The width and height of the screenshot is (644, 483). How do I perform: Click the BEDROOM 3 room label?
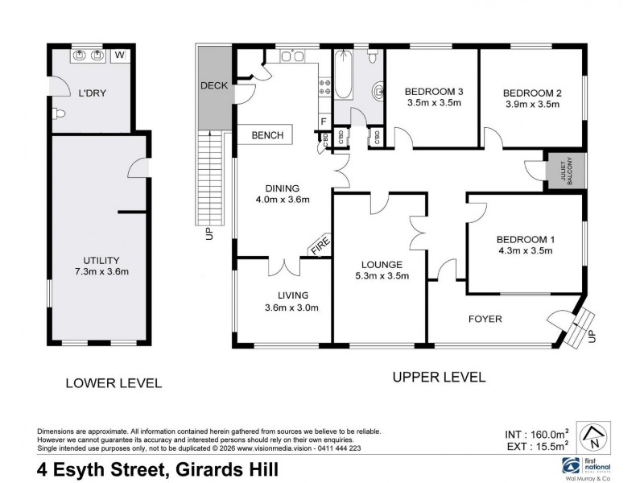tap(433, 91)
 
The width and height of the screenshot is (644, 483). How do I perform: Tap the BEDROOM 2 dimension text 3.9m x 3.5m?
tap(533, 104)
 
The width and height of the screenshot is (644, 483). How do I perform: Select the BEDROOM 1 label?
tap(525, 239)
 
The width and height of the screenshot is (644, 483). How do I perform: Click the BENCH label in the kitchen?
tap(267, 135)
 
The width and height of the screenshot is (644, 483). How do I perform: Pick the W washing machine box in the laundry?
tap(119, 56)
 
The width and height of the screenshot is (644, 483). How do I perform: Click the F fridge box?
tap(323, 121)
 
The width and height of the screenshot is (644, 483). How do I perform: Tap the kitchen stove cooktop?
tap(326, 87)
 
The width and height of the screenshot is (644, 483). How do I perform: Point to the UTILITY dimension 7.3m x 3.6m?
tap(101, 271)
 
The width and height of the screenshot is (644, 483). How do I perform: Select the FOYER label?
tap(485, 319)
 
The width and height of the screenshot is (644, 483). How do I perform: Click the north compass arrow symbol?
tap(594, 438)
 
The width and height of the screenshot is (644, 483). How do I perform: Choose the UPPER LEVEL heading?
tap(439, 377)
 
